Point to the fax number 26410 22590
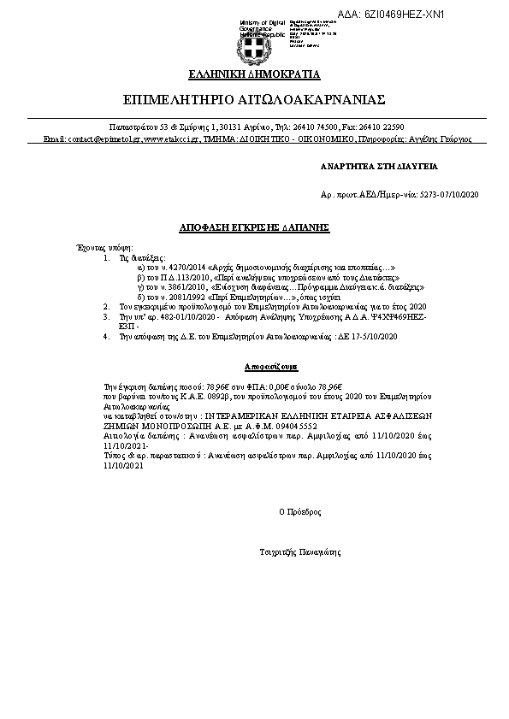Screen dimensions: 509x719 click(393, 126)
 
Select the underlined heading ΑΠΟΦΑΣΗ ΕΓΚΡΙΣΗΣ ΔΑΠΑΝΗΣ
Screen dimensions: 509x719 click(254, 227)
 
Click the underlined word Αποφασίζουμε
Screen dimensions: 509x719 click(255, 364)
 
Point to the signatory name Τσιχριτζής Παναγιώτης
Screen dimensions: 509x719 click(299, 553)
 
